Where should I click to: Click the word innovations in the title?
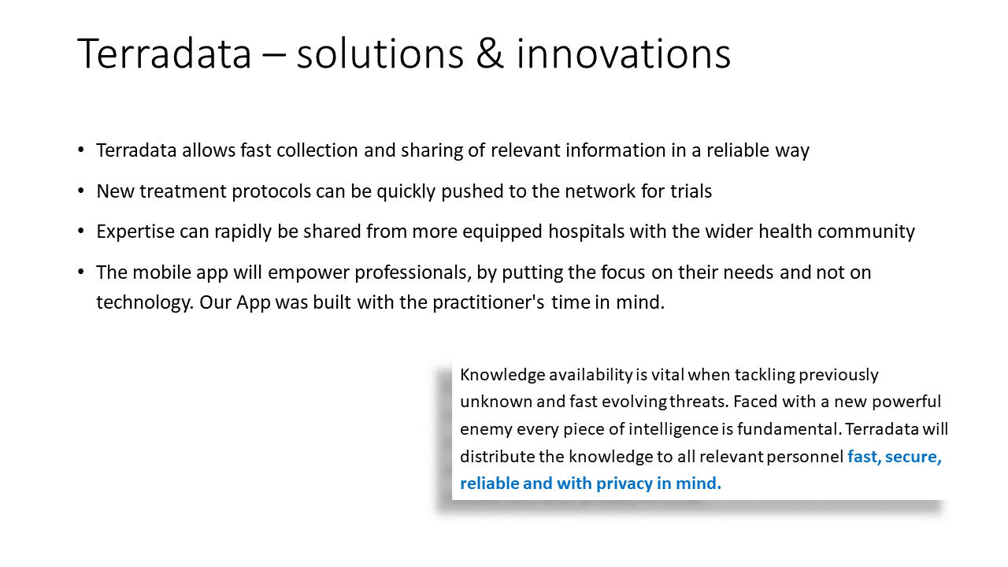[x=623, y=54]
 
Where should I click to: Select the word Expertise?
[x=135, y=232]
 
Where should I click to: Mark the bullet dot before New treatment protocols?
[x=82, y=191]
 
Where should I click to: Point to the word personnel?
[x=803, y=457]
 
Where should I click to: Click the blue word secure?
[x=913, y=457]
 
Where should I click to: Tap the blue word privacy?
[x=625, y=484]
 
